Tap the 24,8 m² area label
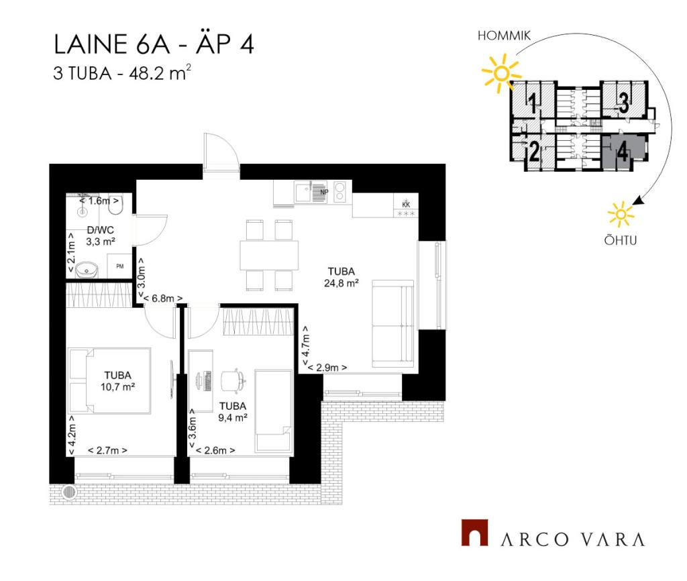point(341,283)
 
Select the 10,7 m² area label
point(117,387)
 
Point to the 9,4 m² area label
point(233,417)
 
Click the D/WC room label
point(101,230)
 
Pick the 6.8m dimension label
point(161,299)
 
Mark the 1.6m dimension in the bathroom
point(99,201)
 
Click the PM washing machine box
point(119,266)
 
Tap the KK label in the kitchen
point(406,204)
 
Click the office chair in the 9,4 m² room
point(233,380)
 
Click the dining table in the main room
point(269,255)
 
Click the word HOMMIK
point(504,36)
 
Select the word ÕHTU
point(621,240)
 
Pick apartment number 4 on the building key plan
point(623,152)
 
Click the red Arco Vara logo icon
point(474,533)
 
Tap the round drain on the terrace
point(69,492)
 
